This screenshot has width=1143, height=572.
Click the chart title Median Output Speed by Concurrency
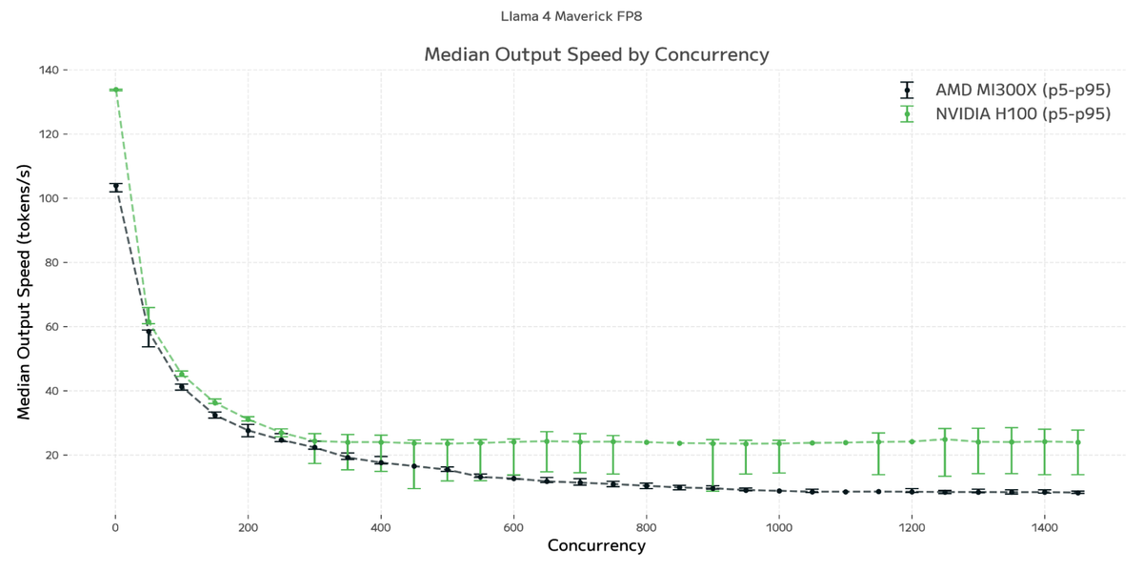pyautogui.click(x=596, y=54)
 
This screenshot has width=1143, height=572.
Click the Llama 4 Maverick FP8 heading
pyautogui.click(x=577, y=16)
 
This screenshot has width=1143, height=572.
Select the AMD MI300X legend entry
pyautogui.click(x=1022, y=91)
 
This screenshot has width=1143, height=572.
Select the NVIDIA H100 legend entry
pyautogui.click(x=1022, y=114)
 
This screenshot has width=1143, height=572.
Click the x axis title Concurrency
pyautogui.click(x=596, y=546)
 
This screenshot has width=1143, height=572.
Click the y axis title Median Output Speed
pyautogui.click(x=25, y=292)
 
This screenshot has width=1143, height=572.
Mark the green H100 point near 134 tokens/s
pyautogui.click(x=115, y=90)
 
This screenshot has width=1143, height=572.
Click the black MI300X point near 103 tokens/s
pyautogui.click(x=115, y=188)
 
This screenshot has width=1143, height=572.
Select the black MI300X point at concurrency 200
pyautogui.click(x=248, y=431)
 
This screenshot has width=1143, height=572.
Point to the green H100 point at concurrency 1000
pyautogui.click(x=779, y=443)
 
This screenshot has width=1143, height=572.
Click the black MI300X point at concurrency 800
pyautogui.click(x=646, y=485)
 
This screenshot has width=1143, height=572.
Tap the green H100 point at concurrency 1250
pyautogui.click(x=945, y=439)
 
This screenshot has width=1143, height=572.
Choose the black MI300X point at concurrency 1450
pyautogui.click(x=1077, y=493)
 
